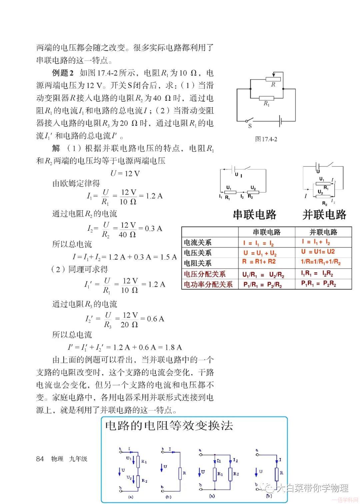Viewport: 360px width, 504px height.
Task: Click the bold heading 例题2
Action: pyautogui.click(x=63, y=73)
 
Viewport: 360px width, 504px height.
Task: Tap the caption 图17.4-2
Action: pyautogui.click(x=266, y=139)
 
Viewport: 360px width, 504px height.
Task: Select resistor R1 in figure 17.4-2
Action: pyautogui.click(x=266, y=98)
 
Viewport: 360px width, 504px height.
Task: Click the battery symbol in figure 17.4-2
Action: pyautogui.click(x=281, y=121)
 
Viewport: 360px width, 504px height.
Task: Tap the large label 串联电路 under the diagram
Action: pyautogui.click(x=255, y=214)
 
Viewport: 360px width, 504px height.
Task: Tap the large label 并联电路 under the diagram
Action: pyautogui.click(x=324, y=214)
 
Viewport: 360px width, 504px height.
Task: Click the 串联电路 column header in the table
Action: pyautogui.click(x=267, y=232)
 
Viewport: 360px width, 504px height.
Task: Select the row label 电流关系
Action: pyautogui.click(x=198, y=242)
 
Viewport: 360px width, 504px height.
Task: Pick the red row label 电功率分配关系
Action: pyautogui.click(x=208, y=285)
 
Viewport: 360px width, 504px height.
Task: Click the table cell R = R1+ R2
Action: pyautogui.click(x=259, y=262)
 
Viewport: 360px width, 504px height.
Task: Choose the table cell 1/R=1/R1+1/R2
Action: pyautogui.click(x=321, y=262)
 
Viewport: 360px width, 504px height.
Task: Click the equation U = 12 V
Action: pyautogui.click(x=125, y=173)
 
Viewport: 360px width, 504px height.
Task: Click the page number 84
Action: pyautogui.click(x=40, y=459)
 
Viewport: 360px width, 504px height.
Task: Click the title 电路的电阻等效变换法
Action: pyautogui.click(x=169, y=426)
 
